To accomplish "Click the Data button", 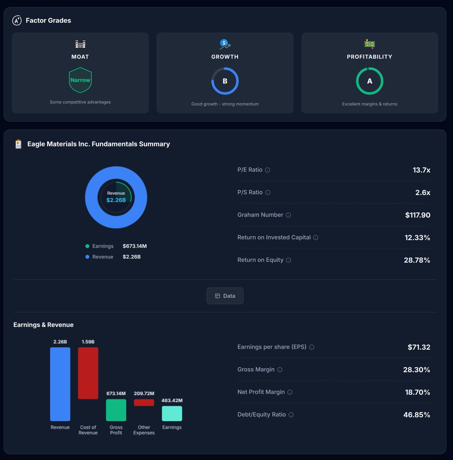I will tap(225, 296).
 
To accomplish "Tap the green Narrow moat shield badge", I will tap(80, 80).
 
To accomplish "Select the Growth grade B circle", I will tap(225, 81).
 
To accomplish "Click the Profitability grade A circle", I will tap(369, 81).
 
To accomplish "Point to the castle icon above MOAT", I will tap(80, 44).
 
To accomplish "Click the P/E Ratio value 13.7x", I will tap(421, 170).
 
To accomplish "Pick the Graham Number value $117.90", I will tap(417, 215).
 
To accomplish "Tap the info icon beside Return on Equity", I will tap(289, 260).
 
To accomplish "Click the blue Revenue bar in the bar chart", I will tap(60, 384).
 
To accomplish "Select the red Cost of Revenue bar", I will tap(88, 373).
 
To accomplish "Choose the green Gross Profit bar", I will tap(116, 410).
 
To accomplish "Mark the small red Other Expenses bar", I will tap(144, 402).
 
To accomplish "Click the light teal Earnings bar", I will tap(172, 414).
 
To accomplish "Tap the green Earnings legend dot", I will tap(87, 246).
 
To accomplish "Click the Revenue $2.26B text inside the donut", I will tap(116, 197).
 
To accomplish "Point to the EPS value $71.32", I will tap(419, 347).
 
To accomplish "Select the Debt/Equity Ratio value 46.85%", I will tap(417, 415).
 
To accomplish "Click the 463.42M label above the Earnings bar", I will tap(172, 401).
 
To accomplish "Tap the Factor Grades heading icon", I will tap(17, 20).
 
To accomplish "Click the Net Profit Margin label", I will tap(261, 392).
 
